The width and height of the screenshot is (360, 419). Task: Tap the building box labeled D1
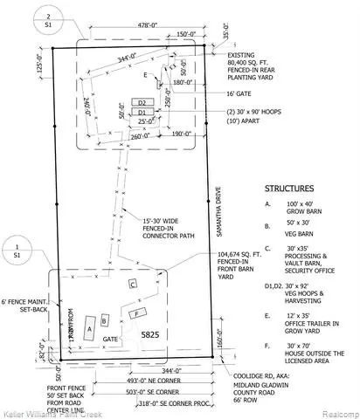141,113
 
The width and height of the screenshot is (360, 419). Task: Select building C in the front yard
133,285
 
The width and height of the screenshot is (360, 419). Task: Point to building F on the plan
136,313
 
